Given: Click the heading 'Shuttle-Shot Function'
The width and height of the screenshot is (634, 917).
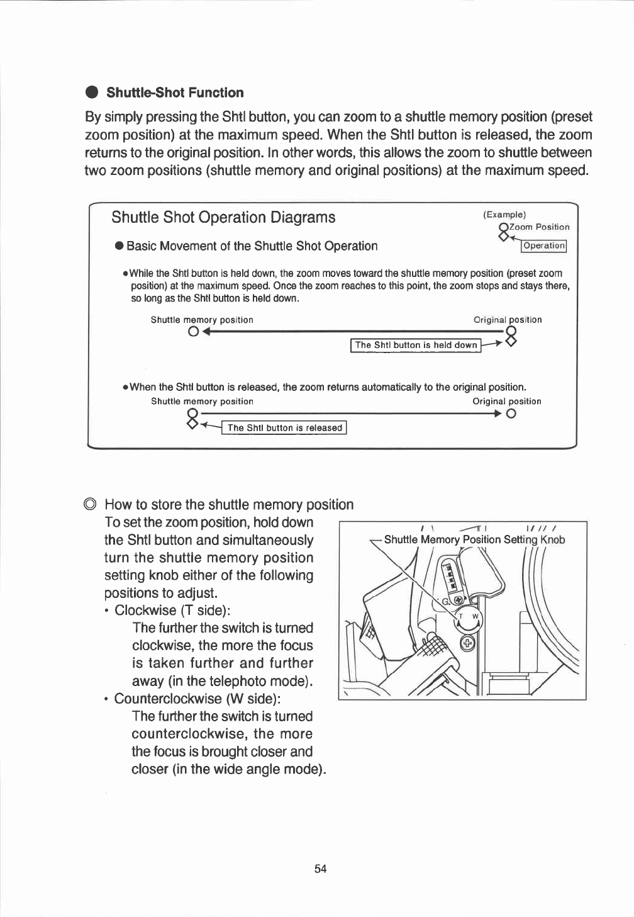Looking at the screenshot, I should pyautogui.click(x=175, y=93).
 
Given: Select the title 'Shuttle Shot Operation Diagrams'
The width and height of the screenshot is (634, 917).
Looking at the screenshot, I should pyautogui.click(x=223, y=217).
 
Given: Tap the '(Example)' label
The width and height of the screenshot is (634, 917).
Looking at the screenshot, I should pyautogui.click(x=504, y=215).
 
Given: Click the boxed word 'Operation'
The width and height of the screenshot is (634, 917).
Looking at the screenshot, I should pyautogui.click(x=544, y=246).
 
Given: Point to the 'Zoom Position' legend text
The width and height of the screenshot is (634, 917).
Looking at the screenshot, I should pyautogui.click(x=540, y=227).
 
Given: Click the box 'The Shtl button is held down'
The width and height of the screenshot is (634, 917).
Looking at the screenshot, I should pyautogui.click(x=416, y=345).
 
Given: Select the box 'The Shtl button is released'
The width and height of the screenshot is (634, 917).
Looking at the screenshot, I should pyautogui.click(x=285, y=428).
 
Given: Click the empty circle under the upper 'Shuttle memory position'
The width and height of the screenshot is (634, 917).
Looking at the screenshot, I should pyautogui.click(x=193, y=332).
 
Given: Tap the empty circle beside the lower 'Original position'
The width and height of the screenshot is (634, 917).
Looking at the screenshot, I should pyautogui.click(x=511, y=414).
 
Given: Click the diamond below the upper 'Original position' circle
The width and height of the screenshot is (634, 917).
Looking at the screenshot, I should pyautogui.click(x=511, y=342).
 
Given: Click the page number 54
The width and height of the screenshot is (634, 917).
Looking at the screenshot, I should pyautogui.click(x=320, y=869).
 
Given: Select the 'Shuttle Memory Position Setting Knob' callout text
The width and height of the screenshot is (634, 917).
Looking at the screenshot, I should pyautogui.click(x=474, y=539).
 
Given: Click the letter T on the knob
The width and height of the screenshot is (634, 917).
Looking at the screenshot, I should pyautogui.click(x=460, y=616).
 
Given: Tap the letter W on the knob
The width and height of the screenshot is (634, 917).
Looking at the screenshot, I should pyautogui.click(x=475, y=616).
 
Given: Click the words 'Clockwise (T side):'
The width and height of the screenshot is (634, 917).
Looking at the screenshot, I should pyautogui.click(x=172, y=610).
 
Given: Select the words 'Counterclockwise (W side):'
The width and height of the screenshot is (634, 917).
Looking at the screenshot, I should pyautogui.click(x=197, y=699).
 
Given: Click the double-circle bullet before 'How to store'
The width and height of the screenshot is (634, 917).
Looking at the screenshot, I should pyautogui.click(x=91, y=505).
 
